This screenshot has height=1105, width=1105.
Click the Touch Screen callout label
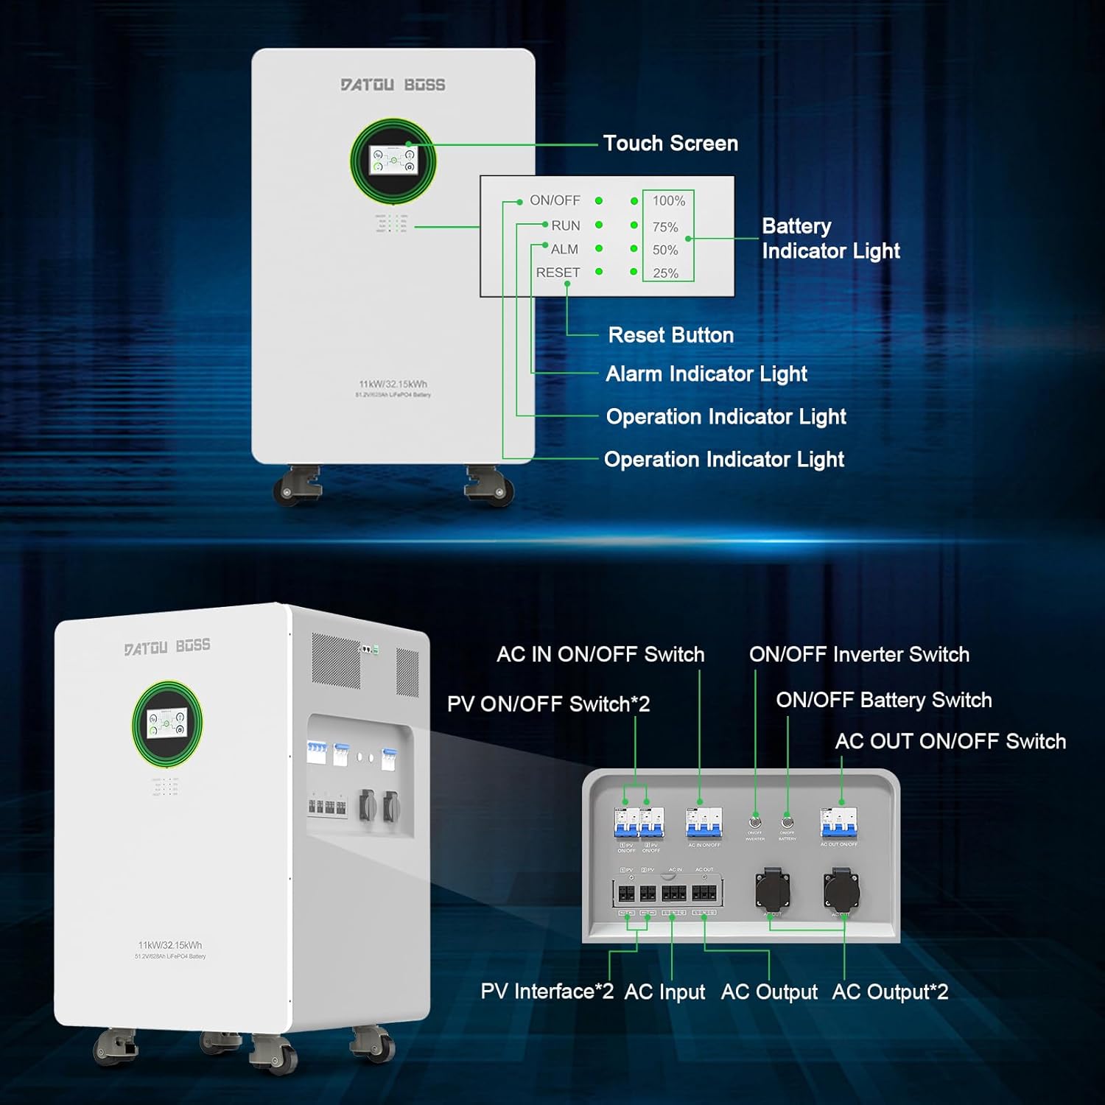[670, 143]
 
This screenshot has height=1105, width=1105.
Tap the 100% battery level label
[668, 200]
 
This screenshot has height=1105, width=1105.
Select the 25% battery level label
[665, 273]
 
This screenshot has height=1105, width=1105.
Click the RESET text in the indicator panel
[558, 273]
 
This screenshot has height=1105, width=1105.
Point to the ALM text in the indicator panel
[564, 249]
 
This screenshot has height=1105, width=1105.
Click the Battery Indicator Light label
[830, 238]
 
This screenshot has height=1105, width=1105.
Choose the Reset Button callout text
[670, 335]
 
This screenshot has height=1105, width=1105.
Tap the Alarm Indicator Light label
[706, 373]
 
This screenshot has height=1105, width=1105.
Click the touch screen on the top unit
[393, 160]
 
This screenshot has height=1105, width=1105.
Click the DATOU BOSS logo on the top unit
[393, 85]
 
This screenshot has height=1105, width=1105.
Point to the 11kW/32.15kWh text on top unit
[393, 384]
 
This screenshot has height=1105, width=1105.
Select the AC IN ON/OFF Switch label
[600, 654]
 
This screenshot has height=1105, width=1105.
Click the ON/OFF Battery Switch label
[883, 700]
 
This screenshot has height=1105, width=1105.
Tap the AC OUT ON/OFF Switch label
[950, 741]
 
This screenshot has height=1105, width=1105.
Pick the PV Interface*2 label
[547, 992]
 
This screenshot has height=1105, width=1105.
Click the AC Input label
[664, 992]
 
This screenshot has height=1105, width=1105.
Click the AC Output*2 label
[890, 992]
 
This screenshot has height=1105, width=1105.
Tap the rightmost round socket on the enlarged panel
[841, 891]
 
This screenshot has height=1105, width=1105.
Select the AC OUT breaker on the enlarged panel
[838, 823]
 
